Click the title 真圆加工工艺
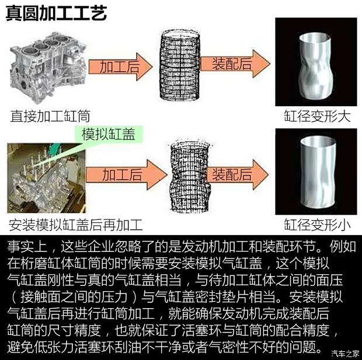click(56, 12)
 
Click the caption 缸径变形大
click(318, 116)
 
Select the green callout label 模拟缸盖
click(108, 136)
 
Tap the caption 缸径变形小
click(318, 223)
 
